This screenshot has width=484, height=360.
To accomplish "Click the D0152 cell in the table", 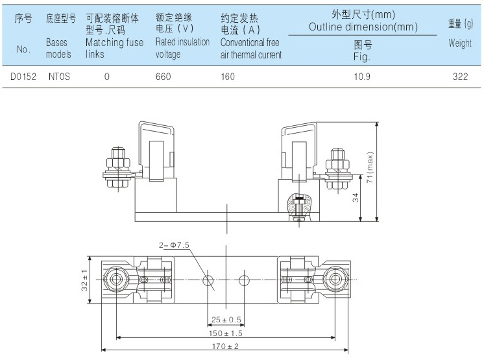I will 23,75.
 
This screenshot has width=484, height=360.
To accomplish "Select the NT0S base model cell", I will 60,75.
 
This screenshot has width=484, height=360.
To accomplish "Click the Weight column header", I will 460,43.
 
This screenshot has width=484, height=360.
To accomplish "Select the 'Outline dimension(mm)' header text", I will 362,27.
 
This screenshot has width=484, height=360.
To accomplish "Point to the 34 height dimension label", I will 355,198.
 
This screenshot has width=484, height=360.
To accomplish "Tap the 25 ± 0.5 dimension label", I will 226,320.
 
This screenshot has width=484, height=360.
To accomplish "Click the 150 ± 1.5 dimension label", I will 226,333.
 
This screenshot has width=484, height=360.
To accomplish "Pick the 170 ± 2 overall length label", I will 226,346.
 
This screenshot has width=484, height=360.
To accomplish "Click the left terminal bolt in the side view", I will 115,169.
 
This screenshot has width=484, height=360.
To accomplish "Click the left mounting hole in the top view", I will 208,280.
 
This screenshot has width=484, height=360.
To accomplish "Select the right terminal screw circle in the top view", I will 335,280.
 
